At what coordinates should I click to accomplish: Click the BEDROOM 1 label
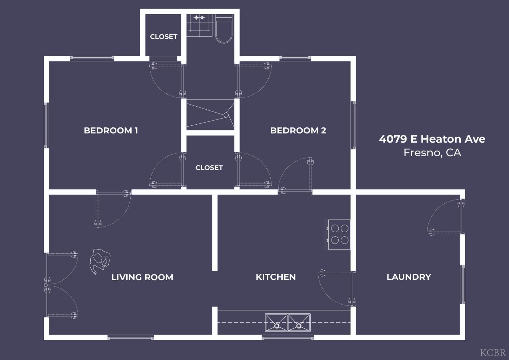pos(111,130)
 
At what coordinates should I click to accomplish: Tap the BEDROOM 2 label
pos(298,130)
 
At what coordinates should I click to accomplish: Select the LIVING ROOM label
pos(142,277)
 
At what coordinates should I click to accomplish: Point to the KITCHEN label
pos(276,277)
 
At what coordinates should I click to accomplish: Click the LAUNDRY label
pos(409,277)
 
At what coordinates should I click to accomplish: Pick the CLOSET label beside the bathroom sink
pos(164,37)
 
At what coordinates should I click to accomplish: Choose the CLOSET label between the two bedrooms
pos(209,168)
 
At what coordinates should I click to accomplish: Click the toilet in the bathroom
pos(224,29)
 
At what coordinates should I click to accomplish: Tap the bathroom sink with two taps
pos(199,25)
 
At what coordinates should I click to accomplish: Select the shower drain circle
pos(226,115)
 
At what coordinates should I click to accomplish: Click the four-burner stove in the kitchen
pos(338,234)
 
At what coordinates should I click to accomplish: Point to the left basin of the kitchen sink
pos(277,323)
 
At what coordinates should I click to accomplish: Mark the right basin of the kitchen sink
pos(299,323)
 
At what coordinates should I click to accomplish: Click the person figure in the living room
pos(100,262)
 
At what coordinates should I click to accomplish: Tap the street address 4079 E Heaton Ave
pos(432,139)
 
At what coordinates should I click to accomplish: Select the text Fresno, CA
pos(432,153)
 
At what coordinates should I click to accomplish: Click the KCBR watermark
pos(493,353)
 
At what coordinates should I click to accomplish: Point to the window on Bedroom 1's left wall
pos(46,125)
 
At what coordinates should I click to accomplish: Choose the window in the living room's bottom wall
pos(130,338)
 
